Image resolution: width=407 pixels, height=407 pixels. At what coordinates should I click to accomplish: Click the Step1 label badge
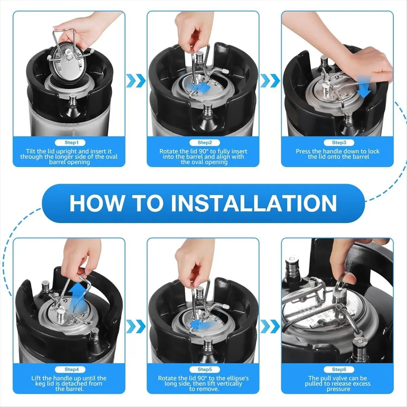click(x=70, y=142)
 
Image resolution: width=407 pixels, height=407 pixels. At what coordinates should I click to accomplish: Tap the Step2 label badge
click(x=205, y=142)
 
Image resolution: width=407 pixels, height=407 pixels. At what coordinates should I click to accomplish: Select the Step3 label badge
click(x=339, y=142)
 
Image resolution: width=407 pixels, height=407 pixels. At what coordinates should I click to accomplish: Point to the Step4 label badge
click(x=70, y=369)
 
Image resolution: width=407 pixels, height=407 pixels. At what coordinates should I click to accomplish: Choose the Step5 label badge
click(x=205, y=369)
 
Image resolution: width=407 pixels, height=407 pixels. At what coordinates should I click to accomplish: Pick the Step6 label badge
click(x=339, y=369)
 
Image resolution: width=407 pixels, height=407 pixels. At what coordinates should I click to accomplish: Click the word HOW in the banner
click(x=97, y=203)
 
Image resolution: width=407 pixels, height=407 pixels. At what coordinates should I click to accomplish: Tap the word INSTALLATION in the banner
click(x=254, y=203)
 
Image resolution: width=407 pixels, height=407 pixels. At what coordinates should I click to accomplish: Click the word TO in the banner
click(x=148, y=203)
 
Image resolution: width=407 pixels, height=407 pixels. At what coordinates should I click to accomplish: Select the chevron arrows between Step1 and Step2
click(x=136, y=80)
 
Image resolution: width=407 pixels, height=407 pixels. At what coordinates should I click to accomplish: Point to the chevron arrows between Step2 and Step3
click(x=270, y=80)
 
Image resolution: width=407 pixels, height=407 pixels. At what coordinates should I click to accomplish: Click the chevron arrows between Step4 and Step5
click(x=136, y=326)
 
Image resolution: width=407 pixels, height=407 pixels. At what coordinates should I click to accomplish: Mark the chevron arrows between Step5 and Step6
click(x=270, y=326)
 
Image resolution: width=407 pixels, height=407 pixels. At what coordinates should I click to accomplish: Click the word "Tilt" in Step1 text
click(x=31, y=151)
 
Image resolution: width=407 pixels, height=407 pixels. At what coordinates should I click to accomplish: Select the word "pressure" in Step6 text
click(x=338, y=389)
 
